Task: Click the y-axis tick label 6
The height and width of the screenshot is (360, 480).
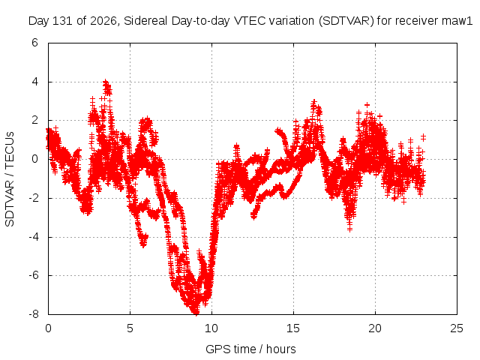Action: (x=34, y=43)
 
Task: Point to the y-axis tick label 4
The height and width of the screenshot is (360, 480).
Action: (x=34, y=82)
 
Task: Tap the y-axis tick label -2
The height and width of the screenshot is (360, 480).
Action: (x=33, y=198)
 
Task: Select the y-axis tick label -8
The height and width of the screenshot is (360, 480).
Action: (x=33, y=314)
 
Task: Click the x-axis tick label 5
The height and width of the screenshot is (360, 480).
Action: (x=130, y=328)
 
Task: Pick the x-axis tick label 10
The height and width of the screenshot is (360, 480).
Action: (x=211, y=328)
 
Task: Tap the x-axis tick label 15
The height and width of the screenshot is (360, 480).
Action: (x=293, y=328)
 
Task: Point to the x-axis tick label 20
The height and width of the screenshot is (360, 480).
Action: (x=375, y=328)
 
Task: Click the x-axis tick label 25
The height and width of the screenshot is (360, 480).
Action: (x=457, y=328)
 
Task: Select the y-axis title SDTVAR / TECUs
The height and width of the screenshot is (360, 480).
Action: (x=10, y=179)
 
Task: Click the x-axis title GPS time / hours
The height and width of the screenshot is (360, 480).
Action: (x=250, y=349)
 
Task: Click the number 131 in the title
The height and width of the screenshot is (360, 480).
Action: (x=63, y=21)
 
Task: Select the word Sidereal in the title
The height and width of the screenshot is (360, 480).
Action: (x=145, y=21)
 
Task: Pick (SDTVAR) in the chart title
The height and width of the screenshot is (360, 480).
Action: (x=346, y=21)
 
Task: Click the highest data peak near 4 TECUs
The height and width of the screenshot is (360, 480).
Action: (x=106, y=82)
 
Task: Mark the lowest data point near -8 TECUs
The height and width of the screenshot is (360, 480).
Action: (x=195, y=312)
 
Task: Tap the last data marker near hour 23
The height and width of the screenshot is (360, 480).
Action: (x=423, y=136)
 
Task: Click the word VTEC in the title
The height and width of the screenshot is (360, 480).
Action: (x=245, y=21)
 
